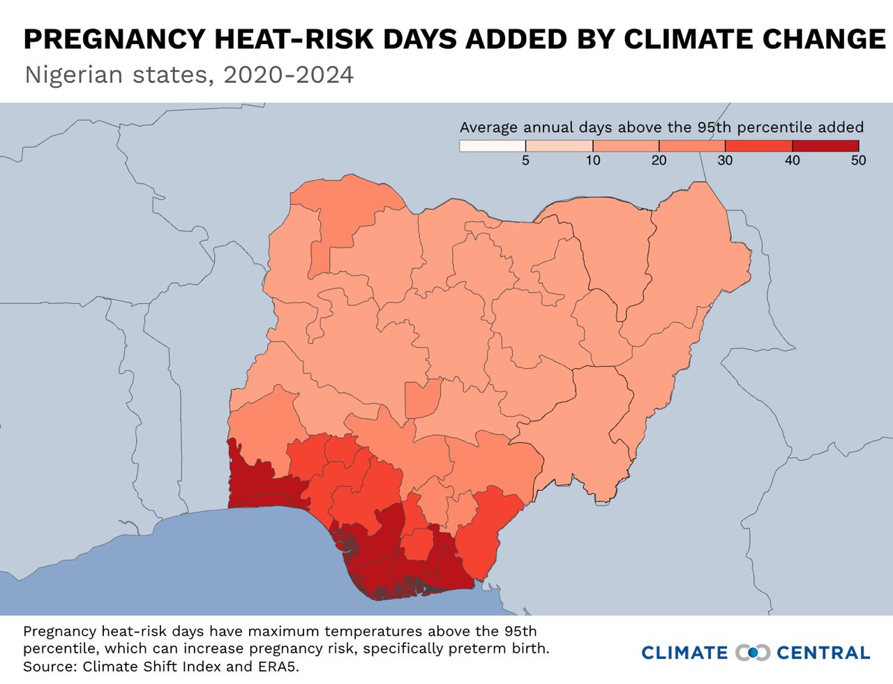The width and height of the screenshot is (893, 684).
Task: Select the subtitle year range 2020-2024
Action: [288, 75]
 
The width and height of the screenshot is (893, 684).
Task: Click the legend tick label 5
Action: [525, 160]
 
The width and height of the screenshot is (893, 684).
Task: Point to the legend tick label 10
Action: [592, 160]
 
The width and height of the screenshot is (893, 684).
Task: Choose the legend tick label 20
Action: [659, 160]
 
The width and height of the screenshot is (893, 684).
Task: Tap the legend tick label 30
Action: [725, 160]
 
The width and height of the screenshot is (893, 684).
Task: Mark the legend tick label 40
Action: [792, 160]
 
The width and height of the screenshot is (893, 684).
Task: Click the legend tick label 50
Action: [858, 160]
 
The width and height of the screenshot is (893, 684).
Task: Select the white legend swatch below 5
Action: [493, 146]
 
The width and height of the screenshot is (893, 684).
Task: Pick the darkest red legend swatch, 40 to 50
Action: [825, 146]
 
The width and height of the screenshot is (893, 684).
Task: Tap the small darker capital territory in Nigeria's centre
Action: [421, 398]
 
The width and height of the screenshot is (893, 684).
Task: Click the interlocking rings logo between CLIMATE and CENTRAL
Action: [753, 653]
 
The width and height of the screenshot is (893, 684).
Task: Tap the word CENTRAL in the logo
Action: [823, 653]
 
